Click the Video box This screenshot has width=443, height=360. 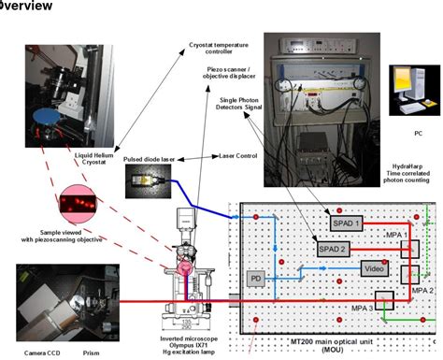click(375, 268)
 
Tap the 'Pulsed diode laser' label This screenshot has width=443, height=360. click(151, 161)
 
